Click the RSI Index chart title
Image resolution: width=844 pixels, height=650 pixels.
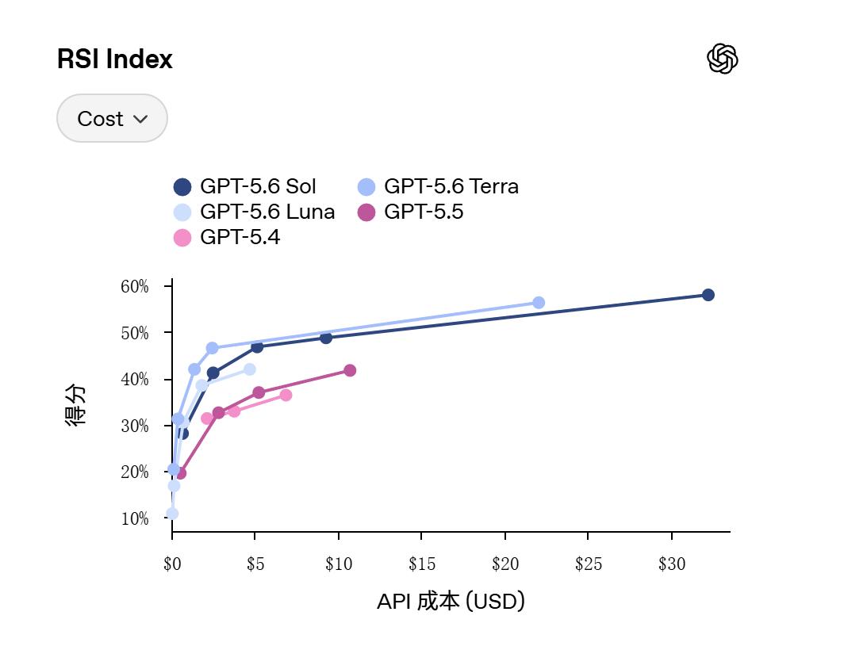115,59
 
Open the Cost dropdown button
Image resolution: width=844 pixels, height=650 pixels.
112,118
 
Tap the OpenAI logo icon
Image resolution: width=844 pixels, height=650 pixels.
723,59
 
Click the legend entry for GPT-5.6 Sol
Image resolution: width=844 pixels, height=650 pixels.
245,187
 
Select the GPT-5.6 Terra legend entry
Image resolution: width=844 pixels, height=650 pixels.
438,187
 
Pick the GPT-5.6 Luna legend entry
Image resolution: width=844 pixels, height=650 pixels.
254,212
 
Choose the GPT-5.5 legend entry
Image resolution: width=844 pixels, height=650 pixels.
410,212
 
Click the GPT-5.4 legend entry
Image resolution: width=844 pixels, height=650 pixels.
227,237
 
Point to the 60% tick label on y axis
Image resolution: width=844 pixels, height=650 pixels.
135,286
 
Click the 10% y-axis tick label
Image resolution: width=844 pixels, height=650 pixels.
135,518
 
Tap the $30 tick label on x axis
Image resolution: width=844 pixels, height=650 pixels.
672,564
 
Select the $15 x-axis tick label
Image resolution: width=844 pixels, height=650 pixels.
421,564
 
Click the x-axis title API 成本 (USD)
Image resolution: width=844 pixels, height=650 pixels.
451,601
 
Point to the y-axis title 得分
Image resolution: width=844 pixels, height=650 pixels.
75,404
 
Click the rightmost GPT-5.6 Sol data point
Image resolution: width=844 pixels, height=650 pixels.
708,295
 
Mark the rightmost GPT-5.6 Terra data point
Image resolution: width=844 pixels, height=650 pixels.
539,303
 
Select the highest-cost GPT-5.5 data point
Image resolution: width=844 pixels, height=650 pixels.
350,370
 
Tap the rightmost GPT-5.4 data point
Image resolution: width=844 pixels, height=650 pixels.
286,395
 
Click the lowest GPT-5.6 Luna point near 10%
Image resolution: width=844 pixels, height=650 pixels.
172,514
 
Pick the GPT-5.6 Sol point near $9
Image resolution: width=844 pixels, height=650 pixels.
326,338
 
